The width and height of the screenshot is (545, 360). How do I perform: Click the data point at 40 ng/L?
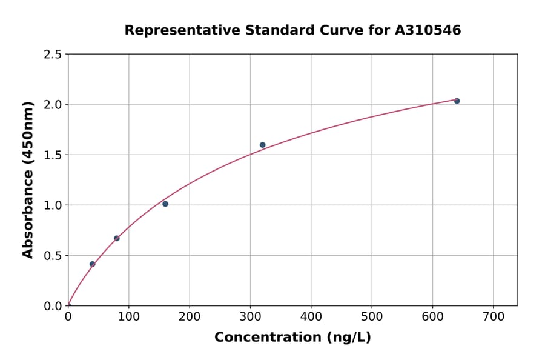point(92,264)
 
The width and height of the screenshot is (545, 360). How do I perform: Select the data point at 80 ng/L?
point(117,238)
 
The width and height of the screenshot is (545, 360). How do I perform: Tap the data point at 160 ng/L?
point(165,204)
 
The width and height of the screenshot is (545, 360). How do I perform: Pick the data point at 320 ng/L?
point(262,145)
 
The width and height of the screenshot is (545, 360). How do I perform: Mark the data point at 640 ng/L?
point(457,101)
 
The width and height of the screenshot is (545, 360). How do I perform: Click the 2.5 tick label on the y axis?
point(53,55)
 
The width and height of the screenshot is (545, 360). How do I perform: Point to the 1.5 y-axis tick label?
point(53,155)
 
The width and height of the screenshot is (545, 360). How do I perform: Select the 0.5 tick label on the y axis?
point(53,256)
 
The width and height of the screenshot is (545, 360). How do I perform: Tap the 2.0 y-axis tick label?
point(53,105)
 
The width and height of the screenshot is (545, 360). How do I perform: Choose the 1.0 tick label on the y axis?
point(53,205)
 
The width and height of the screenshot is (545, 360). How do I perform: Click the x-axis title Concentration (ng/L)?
point(292,338)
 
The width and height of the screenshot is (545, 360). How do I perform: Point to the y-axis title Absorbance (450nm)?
point(28,179)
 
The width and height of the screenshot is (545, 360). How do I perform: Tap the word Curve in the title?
point(335,30)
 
